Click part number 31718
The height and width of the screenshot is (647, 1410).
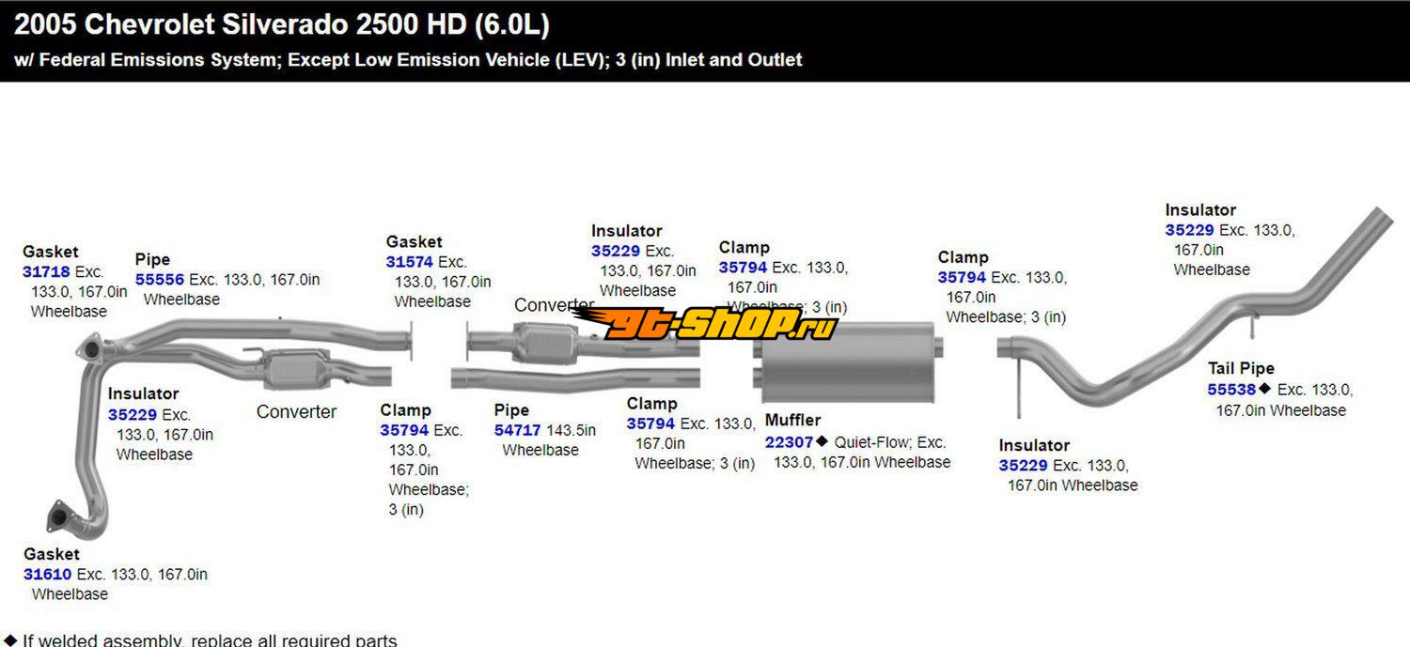(x=46, y=272)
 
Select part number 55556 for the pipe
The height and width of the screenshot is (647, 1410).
(x=160, y=280)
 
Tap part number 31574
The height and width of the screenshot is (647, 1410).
(x=410, y=263)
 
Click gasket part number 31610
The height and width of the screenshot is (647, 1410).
(x=48, y=575)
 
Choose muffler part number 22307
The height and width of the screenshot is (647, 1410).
(x=789, y=442)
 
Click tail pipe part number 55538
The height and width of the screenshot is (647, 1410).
(x=1231, y=390)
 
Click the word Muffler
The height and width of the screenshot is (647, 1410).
(x=792, y=421)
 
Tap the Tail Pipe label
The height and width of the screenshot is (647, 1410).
(x=1241, y=369)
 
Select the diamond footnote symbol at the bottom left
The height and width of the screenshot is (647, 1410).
(x=9, y=640)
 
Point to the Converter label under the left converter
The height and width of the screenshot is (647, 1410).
(x=296, y=412)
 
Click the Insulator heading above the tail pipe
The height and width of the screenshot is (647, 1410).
(x=1200, y=210)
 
